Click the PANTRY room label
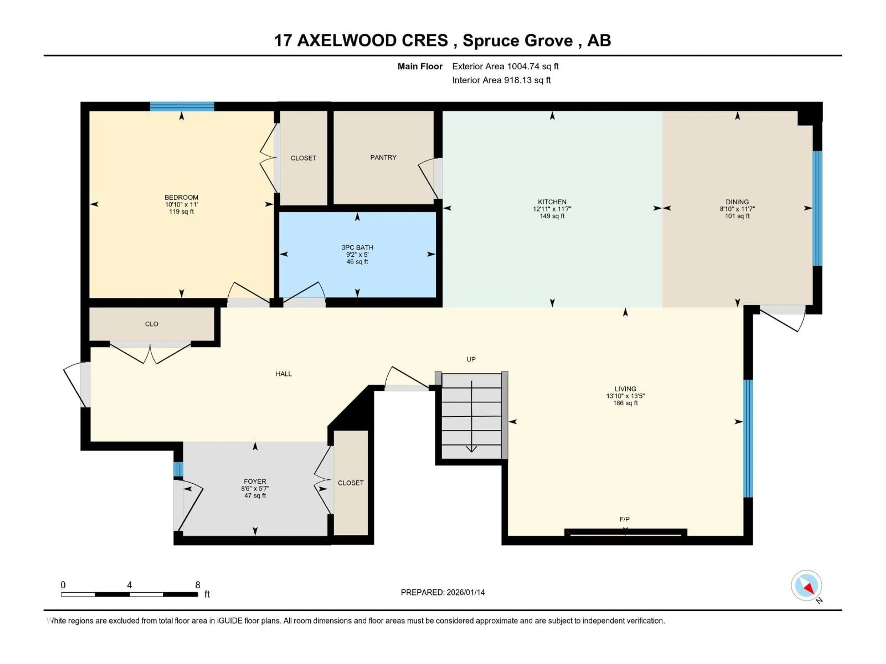(x=383, y=157)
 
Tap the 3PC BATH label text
(x=357, y=247)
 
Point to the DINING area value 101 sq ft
(x=737, y=216)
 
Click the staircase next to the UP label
(x=471, y=416)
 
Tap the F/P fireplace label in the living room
(x=624, y=519)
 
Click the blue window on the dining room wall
(x=817, y=208)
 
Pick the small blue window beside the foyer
(x=178, y=469)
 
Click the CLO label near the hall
(x=151, y=324)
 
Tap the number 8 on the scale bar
(x=198, y=585)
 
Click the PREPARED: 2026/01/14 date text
(x=443, y=592)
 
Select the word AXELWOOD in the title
(x=372, y=40)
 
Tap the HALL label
(x=284, y=374)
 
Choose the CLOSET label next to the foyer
(x=350, y=483)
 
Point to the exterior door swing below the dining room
(x=783, y=320)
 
